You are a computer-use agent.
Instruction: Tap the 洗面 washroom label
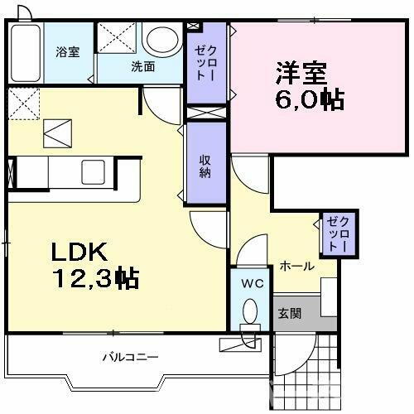tap(142, 66)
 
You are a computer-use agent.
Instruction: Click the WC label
tap(251, 283)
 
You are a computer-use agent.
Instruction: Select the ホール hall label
tap(296, 266)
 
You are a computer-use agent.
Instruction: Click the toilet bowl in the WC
tap(249, 312)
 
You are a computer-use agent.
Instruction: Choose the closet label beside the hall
tap(338, 234)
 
